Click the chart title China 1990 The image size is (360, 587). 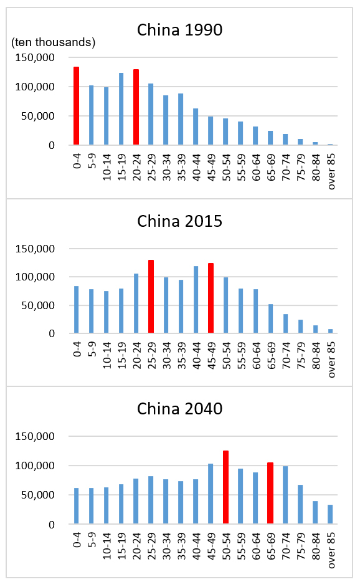click(x=179, y=30)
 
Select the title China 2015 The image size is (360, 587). click(x=179, y=221)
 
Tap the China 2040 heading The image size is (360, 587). click(x=179, y=409)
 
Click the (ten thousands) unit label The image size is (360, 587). click(x=53, y=42)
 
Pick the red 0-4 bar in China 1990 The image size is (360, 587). click(x=77, y=105)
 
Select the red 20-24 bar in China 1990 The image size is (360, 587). click(x=136, y=107)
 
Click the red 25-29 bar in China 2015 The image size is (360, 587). click(x=151, y=297)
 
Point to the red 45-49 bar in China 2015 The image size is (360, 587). click(x=211, y=298)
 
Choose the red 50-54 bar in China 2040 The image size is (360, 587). click(x=225, y=487)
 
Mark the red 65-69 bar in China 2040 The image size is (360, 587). click(x=270, y=493)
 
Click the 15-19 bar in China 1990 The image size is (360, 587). click(x=121, y=108)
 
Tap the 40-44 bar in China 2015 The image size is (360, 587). click(x=196, y=300)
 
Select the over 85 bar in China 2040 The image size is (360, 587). click(x=330, y=514)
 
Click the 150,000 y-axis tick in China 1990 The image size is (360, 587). click(x=35, y=58)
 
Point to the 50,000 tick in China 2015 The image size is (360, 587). click(x=38, y=305)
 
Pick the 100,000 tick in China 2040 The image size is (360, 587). click(x=35, y=465)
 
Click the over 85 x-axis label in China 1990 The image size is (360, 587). click(x=331, y=171)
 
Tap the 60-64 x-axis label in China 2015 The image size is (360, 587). click(x=257, y=356)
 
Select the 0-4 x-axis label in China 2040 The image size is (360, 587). click(x=77, y=541)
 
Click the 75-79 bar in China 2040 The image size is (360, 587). click(x=300, y=504)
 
